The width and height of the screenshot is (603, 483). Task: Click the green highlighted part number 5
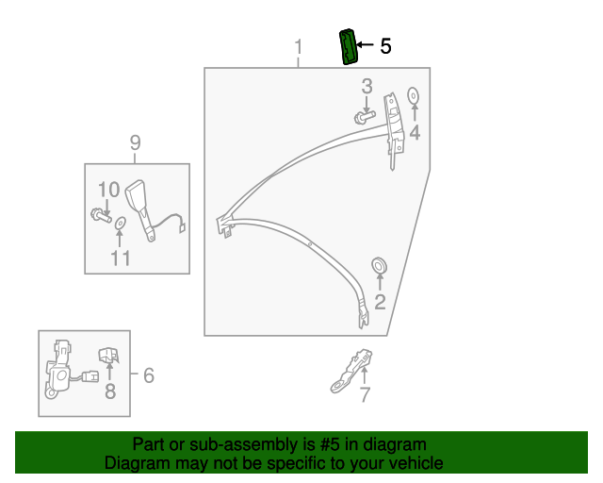pos(348,47)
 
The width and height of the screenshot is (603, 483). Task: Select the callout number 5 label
pos(384,46)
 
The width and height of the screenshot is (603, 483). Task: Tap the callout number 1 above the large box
pos(299,47)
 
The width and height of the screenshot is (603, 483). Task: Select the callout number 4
pos(414,133)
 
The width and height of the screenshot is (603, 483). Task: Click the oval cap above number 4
pos(413,95)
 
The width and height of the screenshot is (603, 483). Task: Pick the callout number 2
pos(380,302)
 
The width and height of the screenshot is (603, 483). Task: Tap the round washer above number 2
pos(380,264)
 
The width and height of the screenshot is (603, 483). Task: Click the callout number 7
pos(365,395)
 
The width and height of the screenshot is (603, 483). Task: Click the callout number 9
pos(135,142)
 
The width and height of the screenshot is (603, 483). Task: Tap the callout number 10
pos(108,189)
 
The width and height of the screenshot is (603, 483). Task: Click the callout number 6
pos(147,375)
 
